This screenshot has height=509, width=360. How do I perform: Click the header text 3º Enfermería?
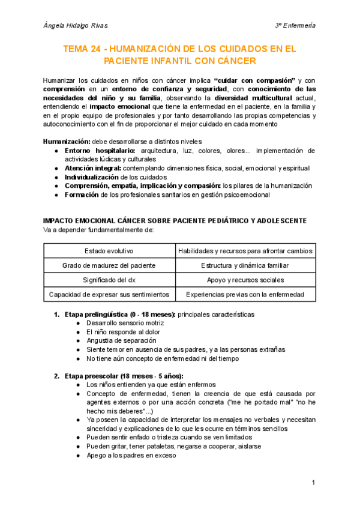click(295, 25)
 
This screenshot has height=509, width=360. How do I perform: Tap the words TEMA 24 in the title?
click(84, 49)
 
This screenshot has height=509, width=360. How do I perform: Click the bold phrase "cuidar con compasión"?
click(254, 80)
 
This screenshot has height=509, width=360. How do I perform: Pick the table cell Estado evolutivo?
click(109, 250)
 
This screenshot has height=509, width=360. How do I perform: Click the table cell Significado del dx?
click(109, 280)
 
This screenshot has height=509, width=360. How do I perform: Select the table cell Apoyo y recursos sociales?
click(245, 280)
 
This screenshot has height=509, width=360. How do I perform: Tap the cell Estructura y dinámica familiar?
click(245, 265)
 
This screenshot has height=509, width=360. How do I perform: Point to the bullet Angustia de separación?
click(116, 340)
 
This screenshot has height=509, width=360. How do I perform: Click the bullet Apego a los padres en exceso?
click(131, 456)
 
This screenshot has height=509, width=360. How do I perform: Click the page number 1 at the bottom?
click(313, 483)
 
